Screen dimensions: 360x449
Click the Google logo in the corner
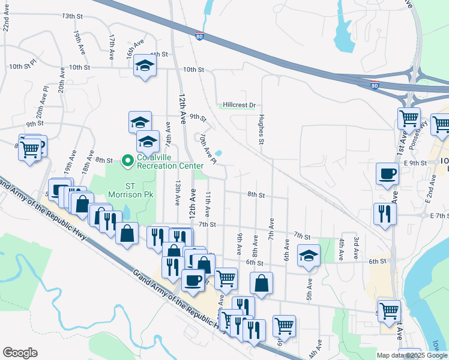pyautogui.click(x=20, y=353)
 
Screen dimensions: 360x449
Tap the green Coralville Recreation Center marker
pyautogui.click(x=127, y=161)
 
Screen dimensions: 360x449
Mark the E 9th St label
pyautogui.click(x=415, y=163)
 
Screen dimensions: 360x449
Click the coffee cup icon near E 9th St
pyautogui.click(x=387, y=173)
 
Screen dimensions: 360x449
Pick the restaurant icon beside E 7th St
pyautogui.click(x=385, y=213)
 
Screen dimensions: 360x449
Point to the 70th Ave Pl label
pyautogui.click(x=208, y=149)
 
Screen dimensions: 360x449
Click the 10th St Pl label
pyautogui.click(x=23, y=67)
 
